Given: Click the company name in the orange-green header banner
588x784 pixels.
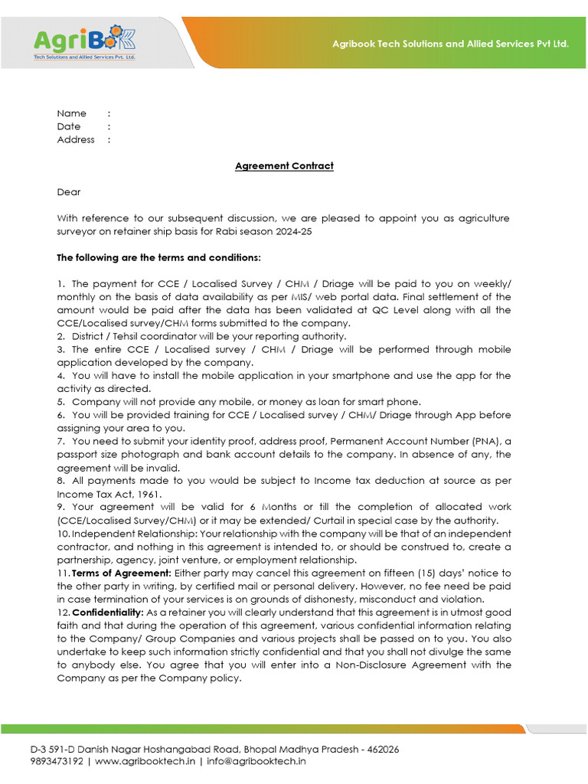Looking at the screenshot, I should [450, 44].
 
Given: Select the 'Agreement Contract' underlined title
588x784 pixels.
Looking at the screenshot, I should [284, 166].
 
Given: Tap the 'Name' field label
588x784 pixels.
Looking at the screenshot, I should [71, 113].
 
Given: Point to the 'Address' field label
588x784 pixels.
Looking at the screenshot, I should [76, 139].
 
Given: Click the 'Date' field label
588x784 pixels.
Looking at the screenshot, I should [68, 126].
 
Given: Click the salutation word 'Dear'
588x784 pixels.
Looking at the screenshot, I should [68, 192].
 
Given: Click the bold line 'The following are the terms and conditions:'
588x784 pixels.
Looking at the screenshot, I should [159, 257].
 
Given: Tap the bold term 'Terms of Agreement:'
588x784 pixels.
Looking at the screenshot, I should [122, 573].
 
